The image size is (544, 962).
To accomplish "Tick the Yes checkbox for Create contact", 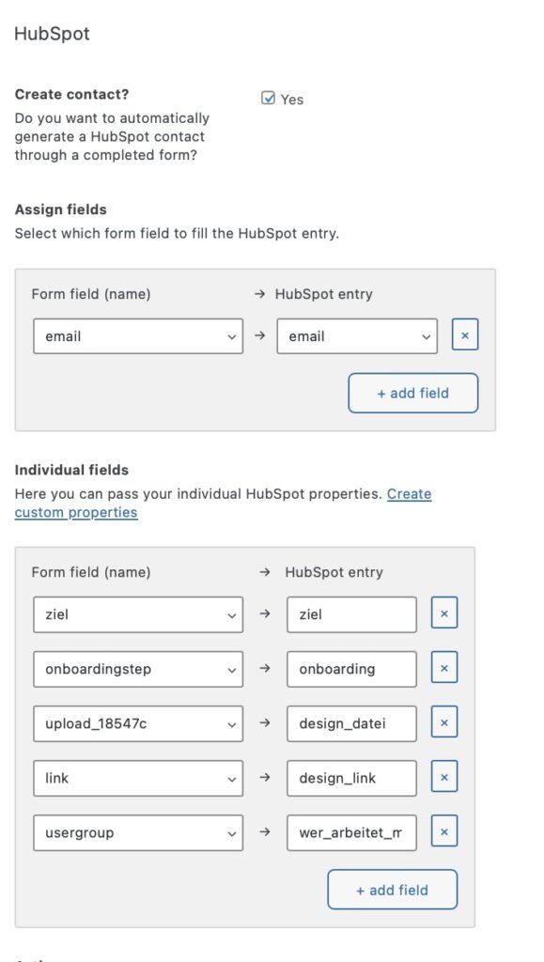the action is point(268,98).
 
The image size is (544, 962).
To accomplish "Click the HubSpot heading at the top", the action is point(52,34).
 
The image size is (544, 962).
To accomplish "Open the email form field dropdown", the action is point(138,336).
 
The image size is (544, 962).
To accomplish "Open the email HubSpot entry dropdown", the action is point(357,336).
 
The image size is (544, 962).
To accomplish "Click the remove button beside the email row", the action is point(465,335).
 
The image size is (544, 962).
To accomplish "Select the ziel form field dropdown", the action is point(138,614).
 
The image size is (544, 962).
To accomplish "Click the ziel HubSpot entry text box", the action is point(351,614).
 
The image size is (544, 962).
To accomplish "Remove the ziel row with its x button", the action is point(444,614).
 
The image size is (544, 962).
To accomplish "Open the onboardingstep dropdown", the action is point(138,669).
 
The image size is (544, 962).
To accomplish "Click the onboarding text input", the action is point(351,669).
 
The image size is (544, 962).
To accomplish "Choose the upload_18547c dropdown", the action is point(138,723).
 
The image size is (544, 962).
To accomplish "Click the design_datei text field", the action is point(351,723).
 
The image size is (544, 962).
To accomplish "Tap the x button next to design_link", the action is point(444,778).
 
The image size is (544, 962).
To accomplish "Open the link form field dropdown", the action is point(138,778).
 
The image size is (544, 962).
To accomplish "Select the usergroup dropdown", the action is point(138,832).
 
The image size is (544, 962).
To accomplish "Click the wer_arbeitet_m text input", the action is point(351,832).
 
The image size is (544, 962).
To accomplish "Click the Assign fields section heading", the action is point(61,209).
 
